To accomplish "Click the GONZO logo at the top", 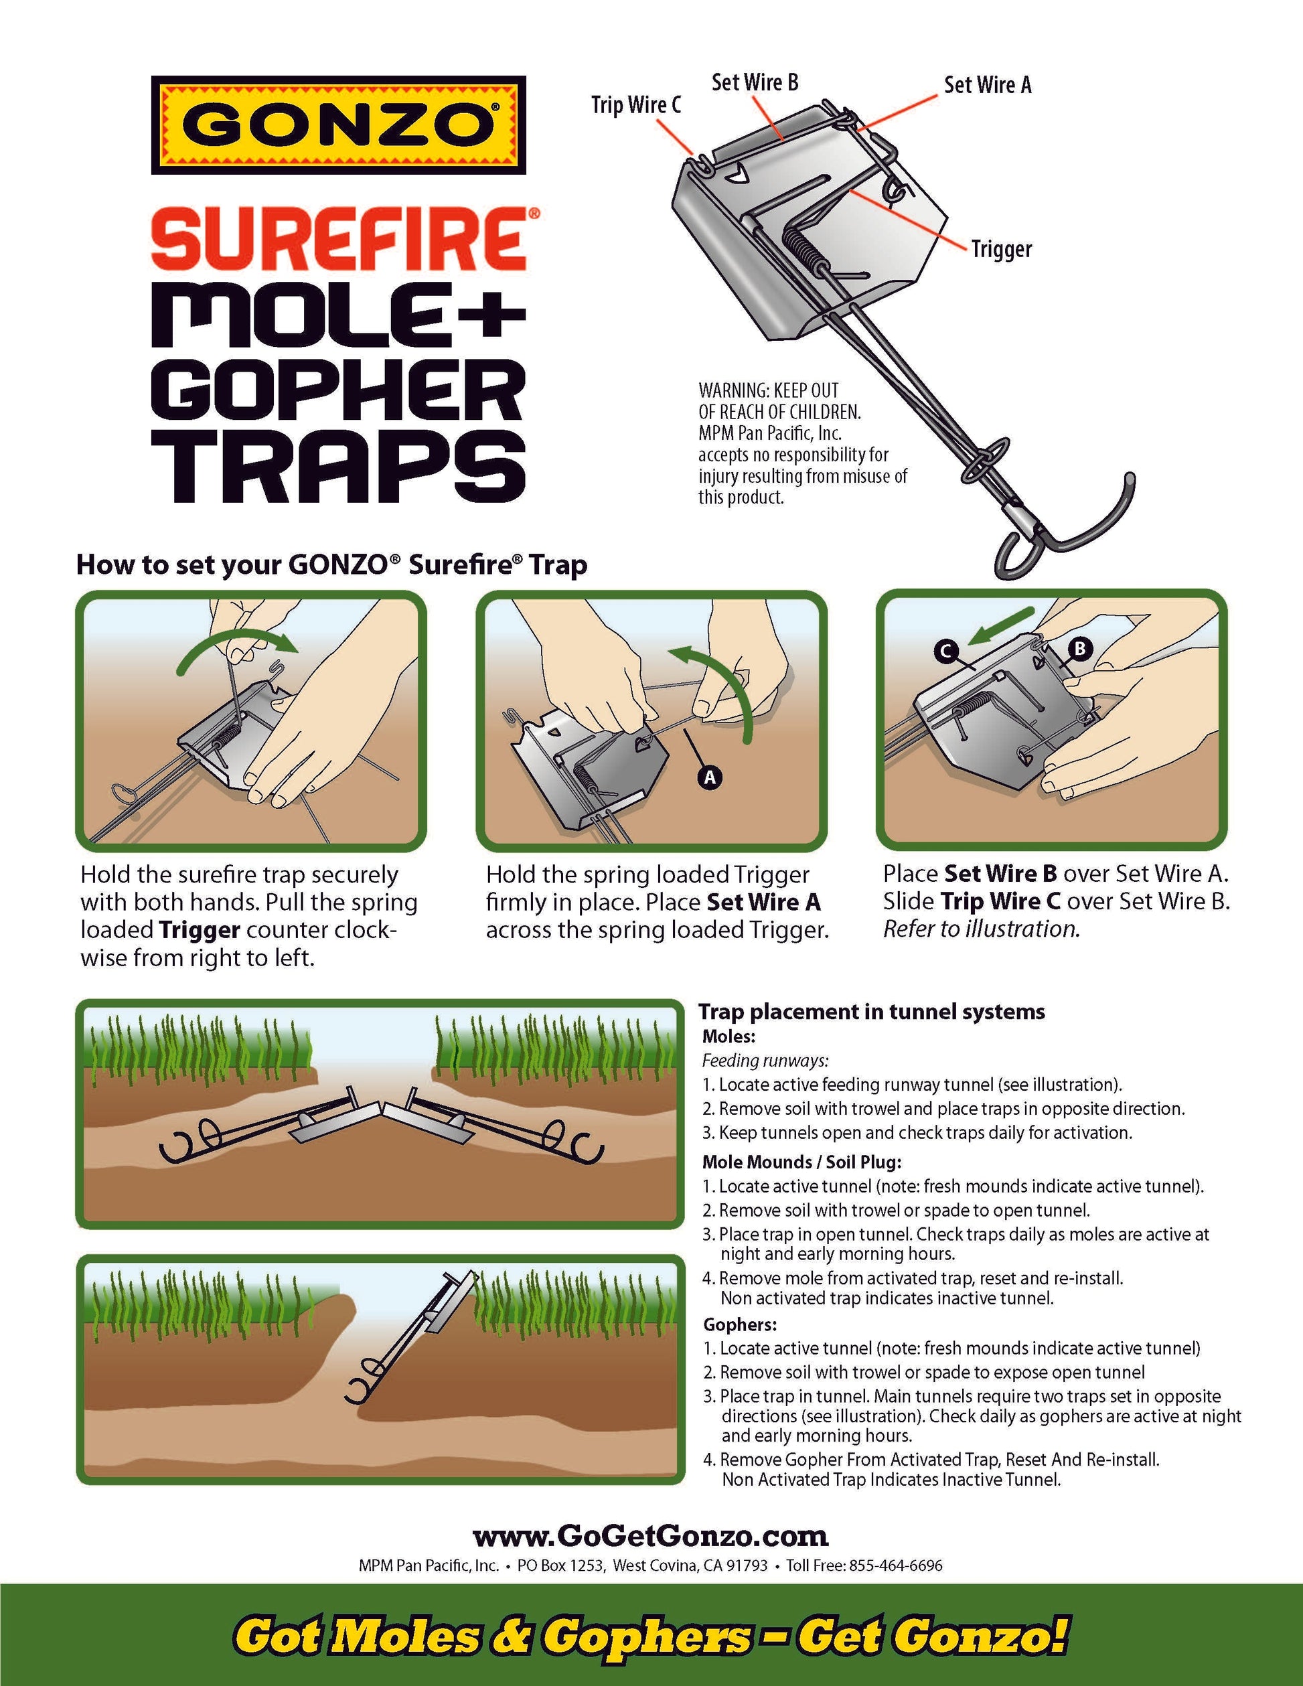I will [x=338, y=125].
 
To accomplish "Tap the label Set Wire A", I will [x=987, y=85].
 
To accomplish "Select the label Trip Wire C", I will [x=636, y=105].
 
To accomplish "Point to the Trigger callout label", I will [x=1001, y=249].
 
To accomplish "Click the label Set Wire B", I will [x=754, y=82].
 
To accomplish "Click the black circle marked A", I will [x=709, y=777].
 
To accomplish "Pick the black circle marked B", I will [x=1079, y=648].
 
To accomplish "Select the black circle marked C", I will [x=945, y=652].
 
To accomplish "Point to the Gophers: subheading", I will [x=739, y=1324].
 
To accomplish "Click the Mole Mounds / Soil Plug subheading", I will [x=801, y=1162].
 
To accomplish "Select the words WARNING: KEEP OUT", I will [x=768, y=390].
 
